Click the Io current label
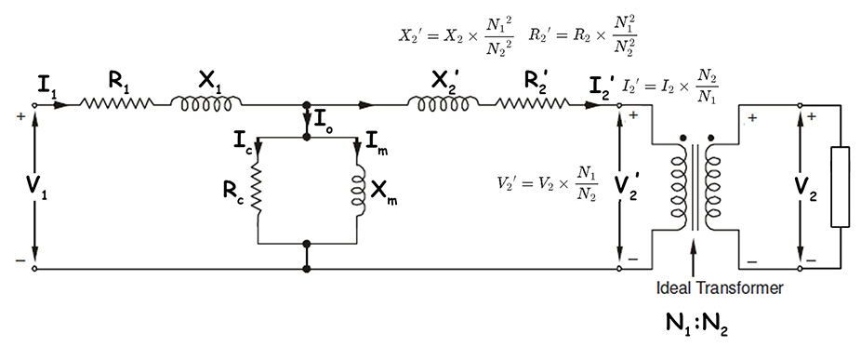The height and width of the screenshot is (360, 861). click(x=325, y=120)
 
